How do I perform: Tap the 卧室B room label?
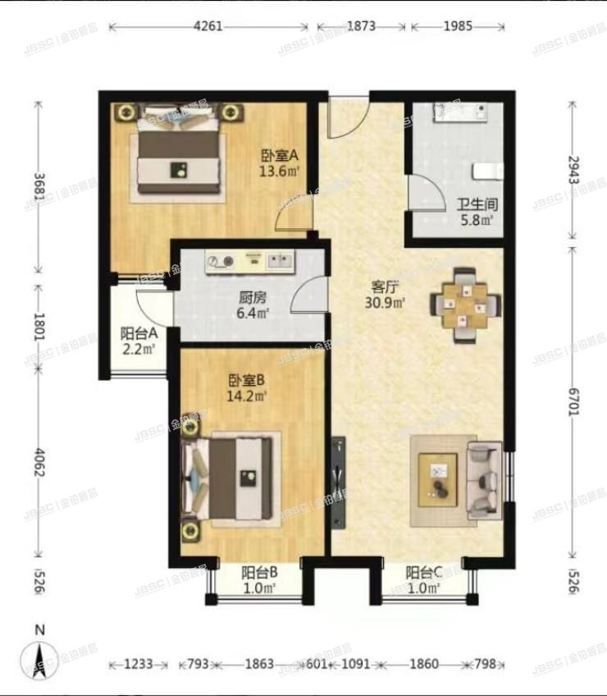(247, 381)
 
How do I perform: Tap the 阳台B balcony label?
(258, 574)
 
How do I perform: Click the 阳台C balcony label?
(424, 574)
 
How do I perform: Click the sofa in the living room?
(483, 480)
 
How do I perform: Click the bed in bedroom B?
(230, 477)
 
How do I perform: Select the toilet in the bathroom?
(488, 171)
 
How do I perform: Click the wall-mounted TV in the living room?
(338, 477)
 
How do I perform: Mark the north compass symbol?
(39, 657)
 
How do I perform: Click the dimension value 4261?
(208, 26)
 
